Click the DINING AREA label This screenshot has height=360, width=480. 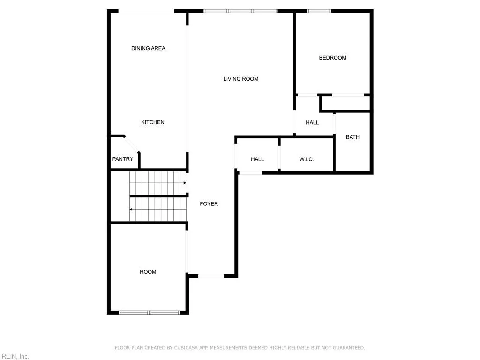click(x=148, y=48)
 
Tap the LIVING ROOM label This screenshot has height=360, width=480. click(x=241, y=79)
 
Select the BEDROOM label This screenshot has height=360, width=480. click(x=332, y=58)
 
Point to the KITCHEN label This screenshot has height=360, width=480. click(x=153, y=122)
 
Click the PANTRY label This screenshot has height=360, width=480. click(x=123, y=159)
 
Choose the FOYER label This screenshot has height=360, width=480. click(x=209, y=204)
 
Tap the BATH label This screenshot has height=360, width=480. click(x=352, y=137)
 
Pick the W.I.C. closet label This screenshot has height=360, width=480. click(x=307, y=159)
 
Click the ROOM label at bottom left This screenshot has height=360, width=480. click(x=148, y=272)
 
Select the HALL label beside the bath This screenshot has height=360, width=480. click(x=312, y=122)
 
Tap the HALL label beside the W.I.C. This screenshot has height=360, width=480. click(x=257, y=159)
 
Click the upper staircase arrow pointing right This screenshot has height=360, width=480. click(x=185, y=183)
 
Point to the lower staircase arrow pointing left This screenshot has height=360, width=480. click(x=132, y=210)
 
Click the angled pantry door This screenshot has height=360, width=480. click(x=132, y=144)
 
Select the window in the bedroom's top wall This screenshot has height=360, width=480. click(x=319, y=11)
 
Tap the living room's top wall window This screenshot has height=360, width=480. click(x=240, y=11)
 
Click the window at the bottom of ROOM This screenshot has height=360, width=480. click(x=149, y=312)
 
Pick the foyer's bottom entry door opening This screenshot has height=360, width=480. click(x=211, y=276)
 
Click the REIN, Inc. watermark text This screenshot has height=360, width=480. click(x=15, y=357)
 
